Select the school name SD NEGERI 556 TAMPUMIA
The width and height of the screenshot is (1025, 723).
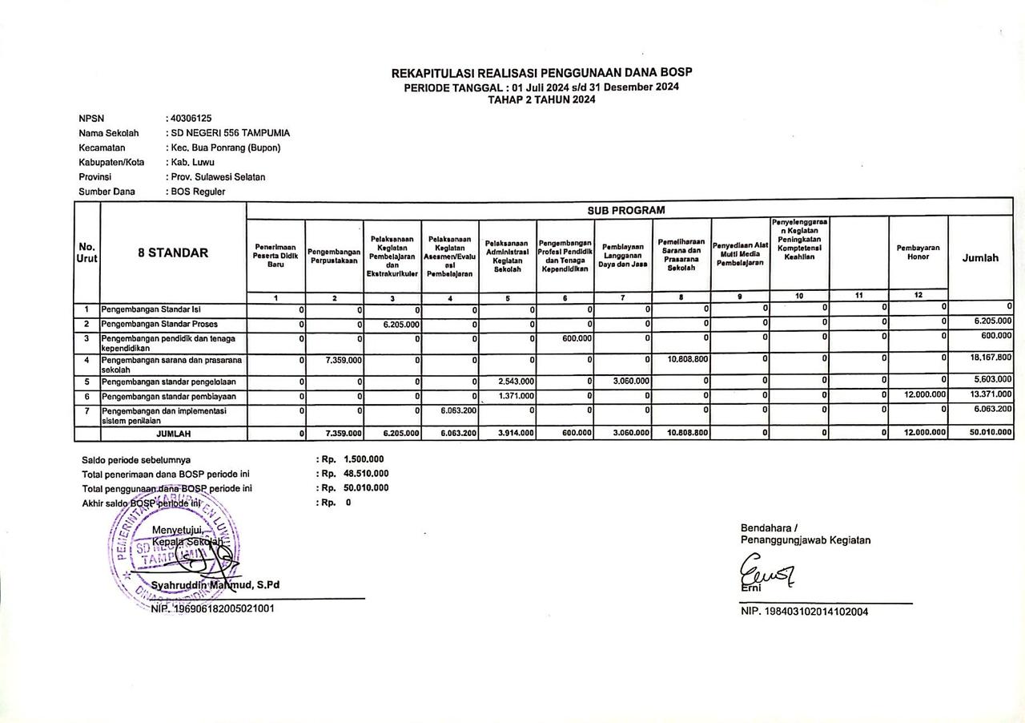coord(230,133)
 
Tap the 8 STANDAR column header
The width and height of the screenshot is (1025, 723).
coord(173,252)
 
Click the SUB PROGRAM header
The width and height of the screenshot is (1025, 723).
coord(625,210)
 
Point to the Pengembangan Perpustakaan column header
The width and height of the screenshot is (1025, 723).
coord(334,256)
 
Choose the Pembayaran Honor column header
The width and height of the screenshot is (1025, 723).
coord(918,252)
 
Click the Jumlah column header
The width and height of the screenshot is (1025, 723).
coord(980,258)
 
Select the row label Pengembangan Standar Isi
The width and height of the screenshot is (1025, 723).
coord(145,309)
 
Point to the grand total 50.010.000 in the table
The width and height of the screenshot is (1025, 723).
coord(990,433)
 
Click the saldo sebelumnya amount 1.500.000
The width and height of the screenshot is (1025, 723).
coord(364,459)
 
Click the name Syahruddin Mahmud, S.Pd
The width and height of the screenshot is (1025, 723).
coord(215,585)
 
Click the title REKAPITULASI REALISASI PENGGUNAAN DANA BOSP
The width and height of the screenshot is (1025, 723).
coord(541,73)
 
